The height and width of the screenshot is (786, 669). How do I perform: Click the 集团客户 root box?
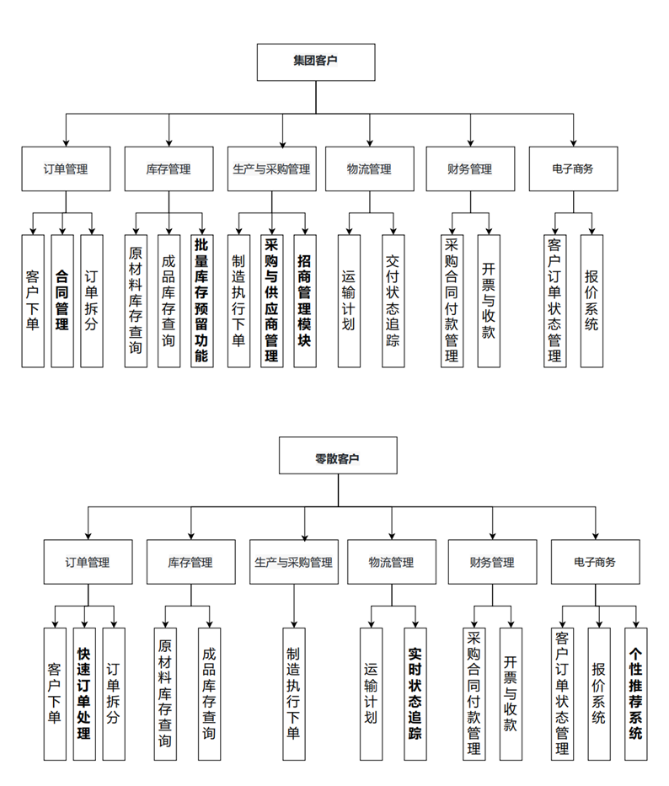tap(316, 62)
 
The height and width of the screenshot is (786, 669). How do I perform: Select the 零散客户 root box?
tap(337, 458)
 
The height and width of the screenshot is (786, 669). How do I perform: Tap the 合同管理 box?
tap(62, 301)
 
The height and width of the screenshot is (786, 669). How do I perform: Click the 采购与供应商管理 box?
tap(271, 301)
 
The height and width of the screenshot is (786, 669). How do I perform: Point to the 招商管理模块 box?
tap(304, 301)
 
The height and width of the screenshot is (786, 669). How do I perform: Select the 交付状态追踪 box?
tap(393, 301)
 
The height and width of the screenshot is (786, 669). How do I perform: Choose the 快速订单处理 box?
tap(83, 693)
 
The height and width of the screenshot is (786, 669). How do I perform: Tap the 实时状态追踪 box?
tap(415, 693)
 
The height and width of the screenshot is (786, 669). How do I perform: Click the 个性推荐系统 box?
tap(636, 693)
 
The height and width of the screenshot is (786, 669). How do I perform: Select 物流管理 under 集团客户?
tap(369, 168)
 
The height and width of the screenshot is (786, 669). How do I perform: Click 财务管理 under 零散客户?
tap(491, 562)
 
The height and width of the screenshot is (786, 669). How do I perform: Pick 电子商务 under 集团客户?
tap(573, 168)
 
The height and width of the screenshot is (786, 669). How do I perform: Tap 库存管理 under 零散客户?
tap(190, 562)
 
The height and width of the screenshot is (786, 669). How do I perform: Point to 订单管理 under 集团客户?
tap(66, 168)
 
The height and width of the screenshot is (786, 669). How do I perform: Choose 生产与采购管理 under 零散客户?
tap(294, 562)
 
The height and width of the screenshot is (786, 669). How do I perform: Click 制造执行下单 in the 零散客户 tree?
tap(293, 693)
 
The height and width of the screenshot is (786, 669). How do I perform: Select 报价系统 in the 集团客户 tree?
tap(591, 301)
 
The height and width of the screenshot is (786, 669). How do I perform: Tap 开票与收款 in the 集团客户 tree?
tap(489, 301)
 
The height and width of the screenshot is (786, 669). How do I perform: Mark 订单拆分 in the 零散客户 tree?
tap(113, 693)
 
